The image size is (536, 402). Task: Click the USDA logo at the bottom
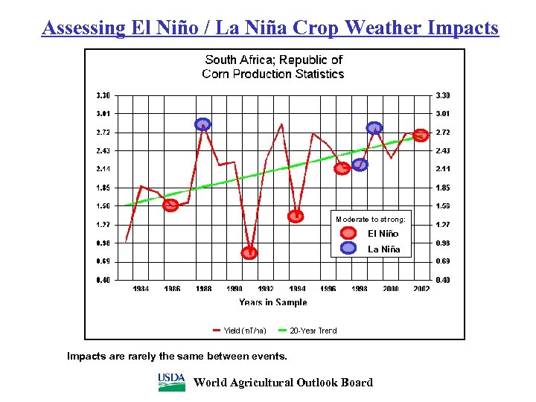coord(171,382)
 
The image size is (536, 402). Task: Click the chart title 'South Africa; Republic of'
coord(273,60)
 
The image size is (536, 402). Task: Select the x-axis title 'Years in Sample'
coord(272,302)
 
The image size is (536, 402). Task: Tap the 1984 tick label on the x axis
coord(141,288)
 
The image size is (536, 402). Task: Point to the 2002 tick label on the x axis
coord(421,288)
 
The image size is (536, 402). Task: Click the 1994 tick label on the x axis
coord(297,288)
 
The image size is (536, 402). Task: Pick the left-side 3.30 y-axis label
coord(103,95)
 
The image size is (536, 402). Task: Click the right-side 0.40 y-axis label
coord(443,280)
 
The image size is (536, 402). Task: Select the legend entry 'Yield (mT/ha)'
coord(240,330)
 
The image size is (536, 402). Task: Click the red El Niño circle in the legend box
coord(348,234)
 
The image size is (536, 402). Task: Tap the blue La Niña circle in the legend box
coord(348,249)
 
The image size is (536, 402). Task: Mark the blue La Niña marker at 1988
coord(202,124)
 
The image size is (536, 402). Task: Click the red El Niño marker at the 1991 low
coord(249,253)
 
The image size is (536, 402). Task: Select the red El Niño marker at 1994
coord(296,217)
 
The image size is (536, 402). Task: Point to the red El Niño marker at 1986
coord(170,205)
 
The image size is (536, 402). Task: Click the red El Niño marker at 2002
coord(421,135)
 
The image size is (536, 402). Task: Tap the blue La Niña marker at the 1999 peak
coord(374,127)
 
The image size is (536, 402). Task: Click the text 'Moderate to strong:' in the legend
coord(371,220)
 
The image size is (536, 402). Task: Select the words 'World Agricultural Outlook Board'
coord(283,383)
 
